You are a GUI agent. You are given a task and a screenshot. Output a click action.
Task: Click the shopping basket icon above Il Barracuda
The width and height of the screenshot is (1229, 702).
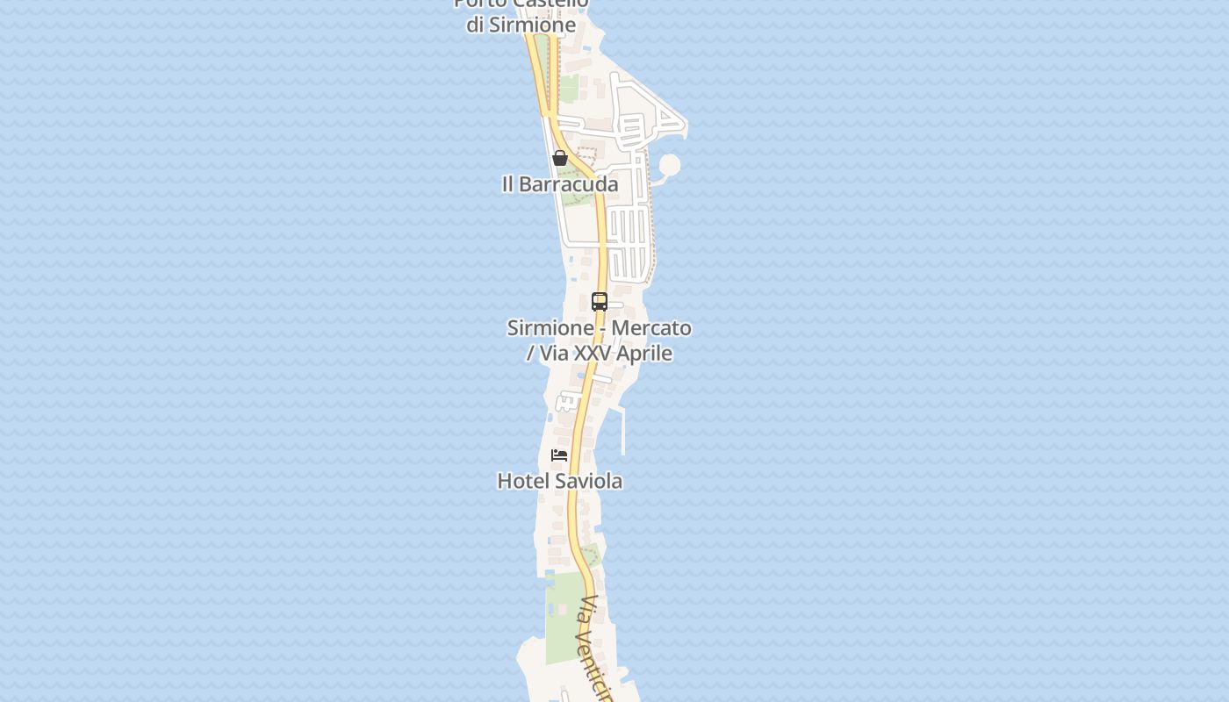click(x=560, y=158)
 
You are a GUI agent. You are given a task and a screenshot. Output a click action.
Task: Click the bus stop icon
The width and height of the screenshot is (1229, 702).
click(x=600, y=302)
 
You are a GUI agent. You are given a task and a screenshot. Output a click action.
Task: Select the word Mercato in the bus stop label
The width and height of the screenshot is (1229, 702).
click(x=650, y=328)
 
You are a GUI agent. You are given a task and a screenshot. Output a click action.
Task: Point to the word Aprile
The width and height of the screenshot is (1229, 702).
click(x=643, y=354)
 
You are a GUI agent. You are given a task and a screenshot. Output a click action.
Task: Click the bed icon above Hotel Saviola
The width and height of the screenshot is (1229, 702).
click(x=559, y=455)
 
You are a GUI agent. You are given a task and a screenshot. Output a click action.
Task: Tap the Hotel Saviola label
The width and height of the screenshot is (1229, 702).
click(x=560, y=481)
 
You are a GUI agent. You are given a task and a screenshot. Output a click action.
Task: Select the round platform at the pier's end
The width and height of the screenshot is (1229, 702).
click(x=670, y=165)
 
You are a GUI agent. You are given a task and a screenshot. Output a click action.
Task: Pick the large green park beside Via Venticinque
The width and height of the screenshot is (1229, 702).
click(x=564, y=619)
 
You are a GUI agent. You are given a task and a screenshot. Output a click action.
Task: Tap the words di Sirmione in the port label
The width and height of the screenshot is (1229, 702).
click(x=521, y=25)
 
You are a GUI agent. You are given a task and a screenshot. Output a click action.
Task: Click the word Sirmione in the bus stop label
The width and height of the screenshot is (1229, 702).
click(x=550, y=328)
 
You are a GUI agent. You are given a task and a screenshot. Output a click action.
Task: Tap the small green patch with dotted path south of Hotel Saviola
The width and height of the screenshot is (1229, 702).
click(x=591, y=555)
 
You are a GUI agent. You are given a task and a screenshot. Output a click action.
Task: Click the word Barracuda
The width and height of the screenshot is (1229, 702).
click(x=569, y=184)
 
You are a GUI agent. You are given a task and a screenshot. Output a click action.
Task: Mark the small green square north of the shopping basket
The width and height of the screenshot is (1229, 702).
click(x=569, y=89)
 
